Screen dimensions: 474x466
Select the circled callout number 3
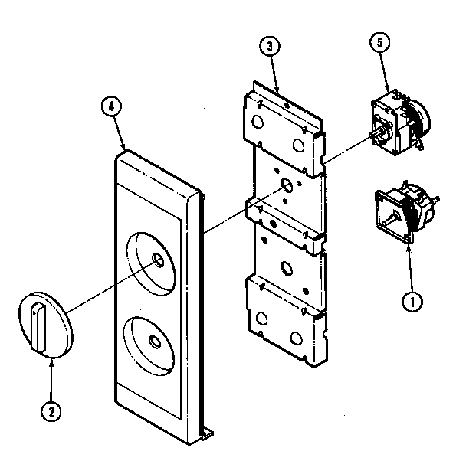pyautogui.click(x=267, y=46)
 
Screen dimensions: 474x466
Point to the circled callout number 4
pyautogui.click(x=110, y=107)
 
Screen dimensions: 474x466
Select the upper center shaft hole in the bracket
pyautogui.click(x=286, y=185)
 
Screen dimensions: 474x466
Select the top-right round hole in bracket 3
pyautogui.click(x=297, y=143)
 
